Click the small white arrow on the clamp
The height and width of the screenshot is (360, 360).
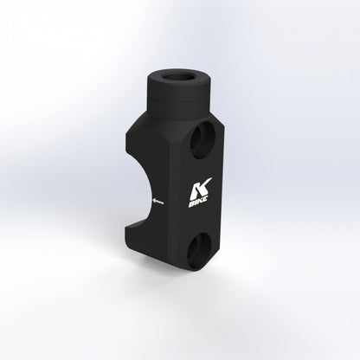point(158,202)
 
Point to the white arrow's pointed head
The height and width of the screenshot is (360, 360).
point(154,201)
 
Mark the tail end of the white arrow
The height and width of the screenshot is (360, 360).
point(164,203)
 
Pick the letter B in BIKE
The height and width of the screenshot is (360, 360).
point(190,205)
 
